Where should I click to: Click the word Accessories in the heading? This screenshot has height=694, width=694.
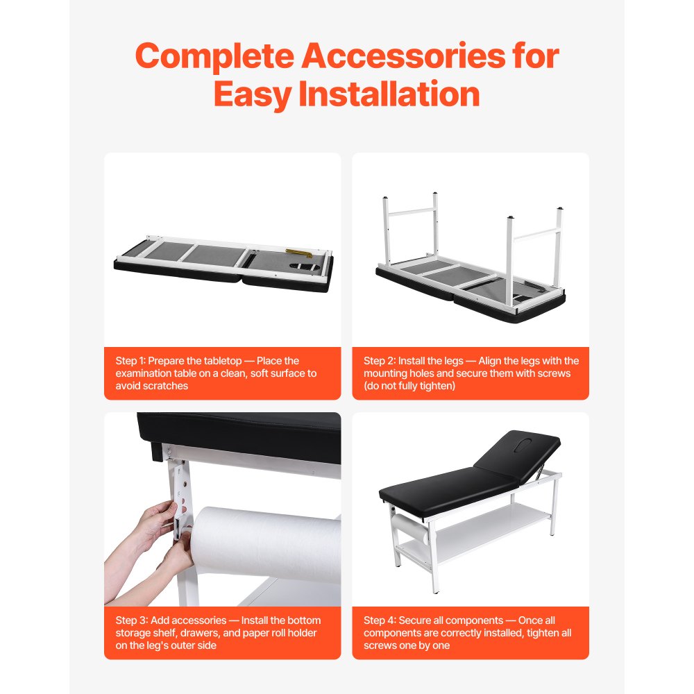tap(403, 56)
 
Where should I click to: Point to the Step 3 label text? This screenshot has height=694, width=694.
tap(130, 620)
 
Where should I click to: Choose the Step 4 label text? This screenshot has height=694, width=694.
tap(379, 620)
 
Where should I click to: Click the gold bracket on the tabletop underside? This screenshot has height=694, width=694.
tap(298, 253)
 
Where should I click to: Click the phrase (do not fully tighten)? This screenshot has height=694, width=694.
tap(409, 385)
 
